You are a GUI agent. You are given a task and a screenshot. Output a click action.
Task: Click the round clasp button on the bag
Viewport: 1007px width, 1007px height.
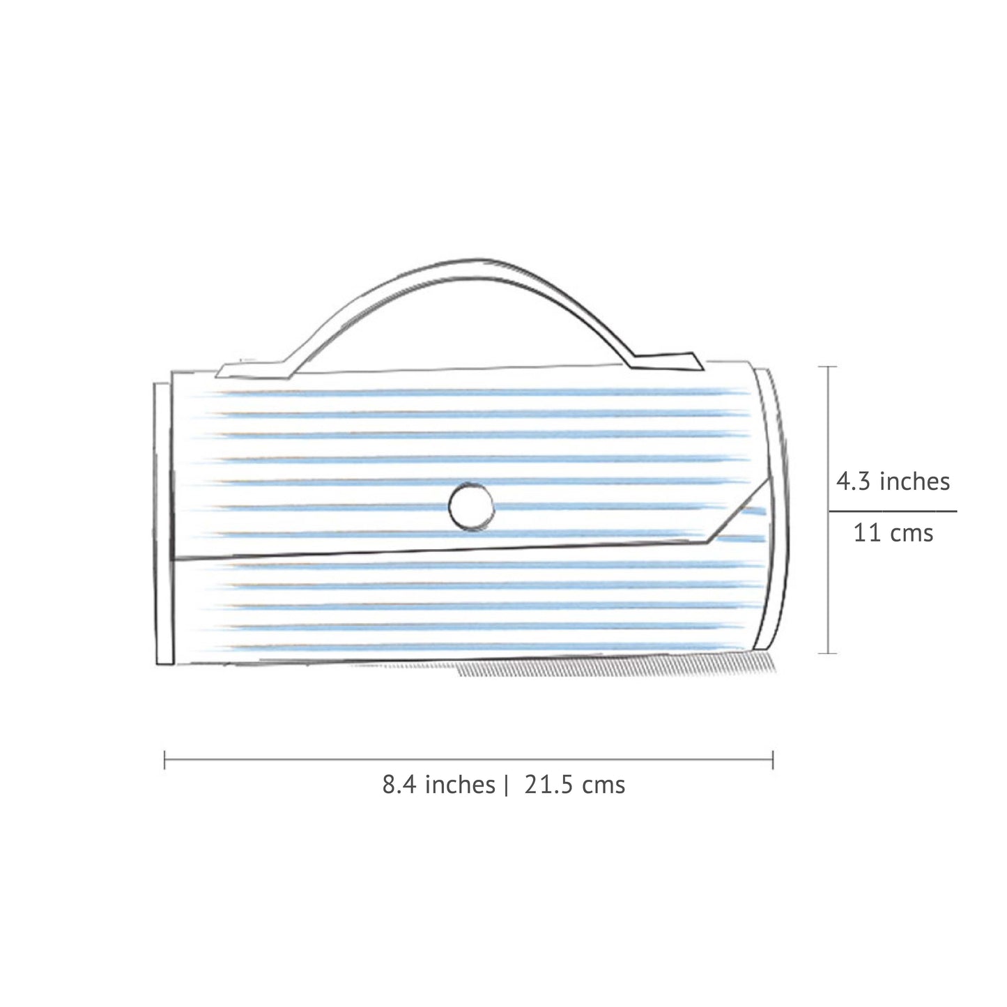pos(472,507)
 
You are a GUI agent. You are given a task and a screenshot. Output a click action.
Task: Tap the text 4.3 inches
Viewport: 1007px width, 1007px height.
pos(893,482)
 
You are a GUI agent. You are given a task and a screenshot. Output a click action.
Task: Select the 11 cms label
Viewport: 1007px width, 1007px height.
pos(893,534)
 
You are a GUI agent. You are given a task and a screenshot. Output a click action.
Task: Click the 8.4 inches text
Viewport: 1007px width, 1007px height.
pos(438,785)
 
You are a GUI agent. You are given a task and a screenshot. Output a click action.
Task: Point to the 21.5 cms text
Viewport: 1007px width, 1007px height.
pos(574,785)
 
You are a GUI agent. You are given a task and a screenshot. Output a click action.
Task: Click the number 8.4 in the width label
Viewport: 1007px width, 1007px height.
pos(399,785)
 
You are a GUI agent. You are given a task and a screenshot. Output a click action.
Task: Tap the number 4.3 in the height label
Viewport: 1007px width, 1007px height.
pos(853,482)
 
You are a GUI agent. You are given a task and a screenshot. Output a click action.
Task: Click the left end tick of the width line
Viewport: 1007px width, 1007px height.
pos(164,760)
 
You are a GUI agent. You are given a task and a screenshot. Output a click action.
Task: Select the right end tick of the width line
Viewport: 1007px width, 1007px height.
pos(773,760)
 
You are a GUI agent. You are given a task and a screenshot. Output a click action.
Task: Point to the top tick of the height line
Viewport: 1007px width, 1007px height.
pos(828,367)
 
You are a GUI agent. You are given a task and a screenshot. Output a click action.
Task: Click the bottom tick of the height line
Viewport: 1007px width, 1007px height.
pos(828,653)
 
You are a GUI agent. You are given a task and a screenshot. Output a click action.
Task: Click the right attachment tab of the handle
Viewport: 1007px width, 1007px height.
pos(666,360)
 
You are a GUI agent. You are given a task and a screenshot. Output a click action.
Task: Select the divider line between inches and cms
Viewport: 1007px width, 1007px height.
pos(893,511)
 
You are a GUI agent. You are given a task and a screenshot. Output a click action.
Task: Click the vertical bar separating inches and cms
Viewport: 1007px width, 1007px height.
pos(507,785)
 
